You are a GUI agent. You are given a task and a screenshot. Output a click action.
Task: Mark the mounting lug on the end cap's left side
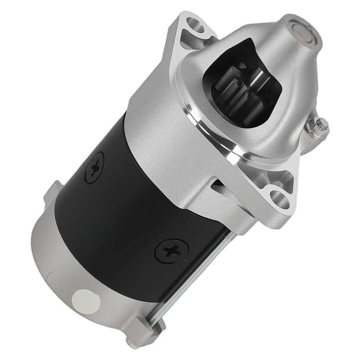pos(52,193)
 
